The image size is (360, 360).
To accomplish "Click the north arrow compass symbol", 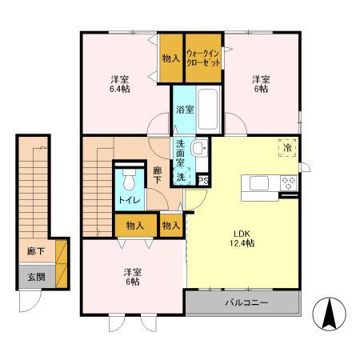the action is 329,314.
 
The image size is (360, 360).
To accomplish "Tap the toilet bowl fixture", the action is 130,179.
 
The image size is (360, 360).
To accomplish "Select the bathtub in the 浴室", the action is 208,110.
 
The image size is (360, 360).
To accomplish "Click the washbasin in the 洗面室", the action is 199,148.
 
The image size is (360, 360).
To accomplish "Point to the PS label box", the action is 203,181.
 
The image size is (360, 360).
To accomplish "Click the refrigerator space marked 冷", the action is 287,147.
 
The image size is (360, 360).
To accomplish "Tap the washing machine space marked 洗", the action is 182,176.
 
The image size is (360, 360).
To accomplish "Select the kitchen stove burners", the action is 289,183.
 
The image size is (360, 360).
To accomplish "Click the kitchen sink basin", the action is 258,183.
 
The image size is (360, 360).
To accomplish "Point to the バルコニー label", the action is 246,302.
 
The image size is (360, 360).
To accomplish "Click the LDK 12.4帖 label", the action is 242,238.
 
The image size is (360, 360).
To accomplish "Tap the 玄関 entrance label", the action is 37,278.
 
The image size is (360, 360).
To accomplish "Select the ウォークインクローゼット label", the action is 203,58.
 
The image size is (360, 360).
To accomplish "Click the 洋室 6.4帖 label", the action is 120,84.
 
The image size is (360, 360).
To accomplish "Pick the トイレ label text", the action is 130,200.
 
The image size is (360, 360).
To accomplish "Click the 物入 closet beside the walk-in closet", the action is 171,58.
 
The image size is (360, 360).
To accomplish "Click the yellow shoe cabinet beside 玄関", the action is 61,264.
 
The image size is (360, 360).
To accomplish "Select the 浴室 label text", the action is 185,110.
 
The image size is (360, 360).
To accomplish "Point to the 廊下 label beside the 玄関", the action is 36,251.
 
